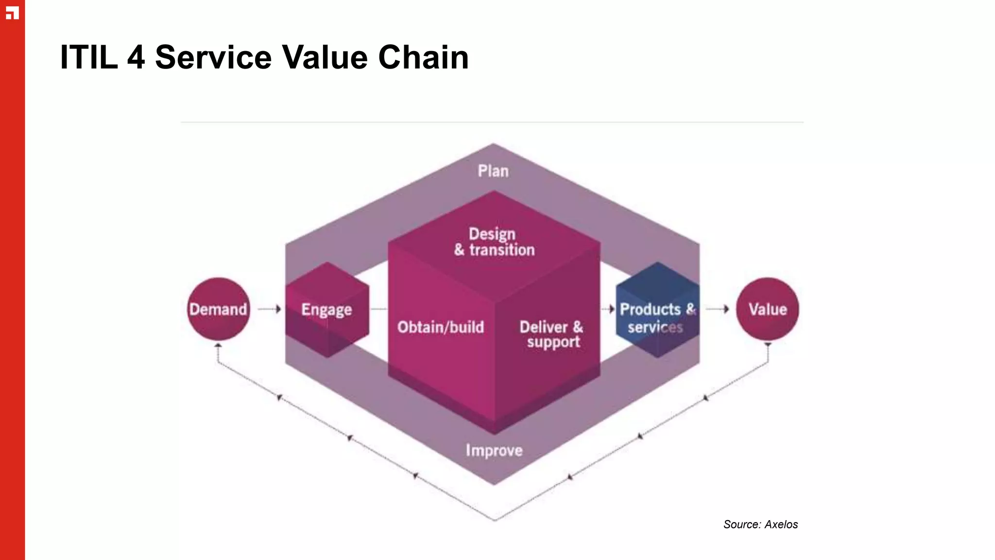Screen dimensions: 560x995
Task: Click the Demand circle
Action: pyautogui.click(x=218, y=309)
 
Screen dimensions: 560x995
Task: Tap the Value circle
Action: pyautogui.click(x=767, y=309)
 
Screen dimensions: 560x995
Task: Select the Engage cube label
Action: pyautogui.click(x=326, y=310)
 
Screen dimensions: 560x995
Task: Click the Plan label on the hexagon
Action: pyautogui.click(x=493, y=171)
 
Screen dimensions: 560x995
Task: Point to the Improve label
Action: pyautogui.click(x=494, y=450)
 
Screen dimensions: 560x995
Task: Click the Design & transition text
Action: pyautogui.click(x=494, y=242)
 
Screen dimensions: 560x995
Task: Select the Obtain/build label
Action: pyautogui.click(x=440, y=327)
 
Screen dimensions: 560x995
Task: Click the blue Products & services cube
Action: pyautogui.click(x=657, y=311)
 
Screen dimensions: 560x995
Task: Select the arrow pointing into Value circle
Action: pyautogui.click(x=718, y=309)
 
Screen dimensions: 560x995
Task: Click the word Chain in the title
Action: pyautogui.click(x=423, y=57)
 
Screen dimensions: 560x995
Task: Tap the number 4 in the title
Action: pyautogui.click(x=136, y=57)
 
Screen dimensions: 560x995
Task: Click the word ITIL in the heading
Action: pyautogui.click(x=88, y=57)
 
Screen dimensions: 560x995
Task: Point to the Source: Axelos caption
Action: pyautogui.click(x=760, y=525)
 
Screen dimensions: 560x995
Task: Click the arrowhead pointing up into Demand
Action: pyautogui.click(x=218, y=346)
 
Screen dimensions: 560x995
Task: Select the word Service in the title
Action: pyautogui.click(x=213, y=57)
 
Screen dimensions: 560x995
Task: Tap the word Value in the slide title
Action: pyautogui.click(x=325, y=57)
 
